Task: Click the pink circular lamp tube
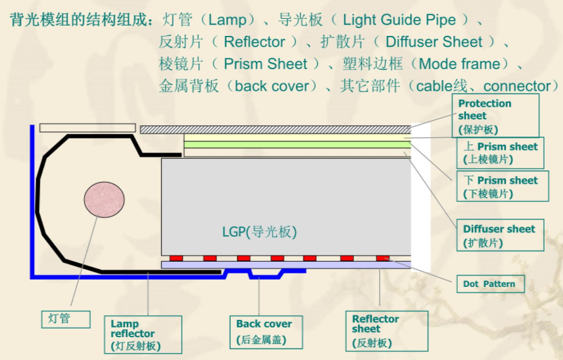tap(105, 200)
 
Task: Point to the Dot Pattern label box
tap(489, 284)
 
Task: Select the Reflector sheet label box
tap(386, 331)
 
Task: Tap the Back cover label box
tap(265, 331)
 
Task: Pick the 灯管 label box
tap(66, 319)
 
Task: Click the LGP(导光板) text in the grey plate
tap(259, 232)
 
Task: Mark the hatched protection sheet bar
tap(275, 130)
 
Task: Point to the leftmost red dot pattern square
tap(177, 258)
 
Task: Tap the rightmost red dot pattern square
tap(382, 258)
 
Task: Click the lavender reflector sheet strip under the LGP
tap(286, 265)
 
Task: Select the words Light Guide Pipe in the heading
tap(400, 21)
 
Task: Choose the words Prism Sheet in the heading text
tap(266, 64)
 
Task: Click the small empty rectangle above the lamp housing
tap(87, 127)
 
